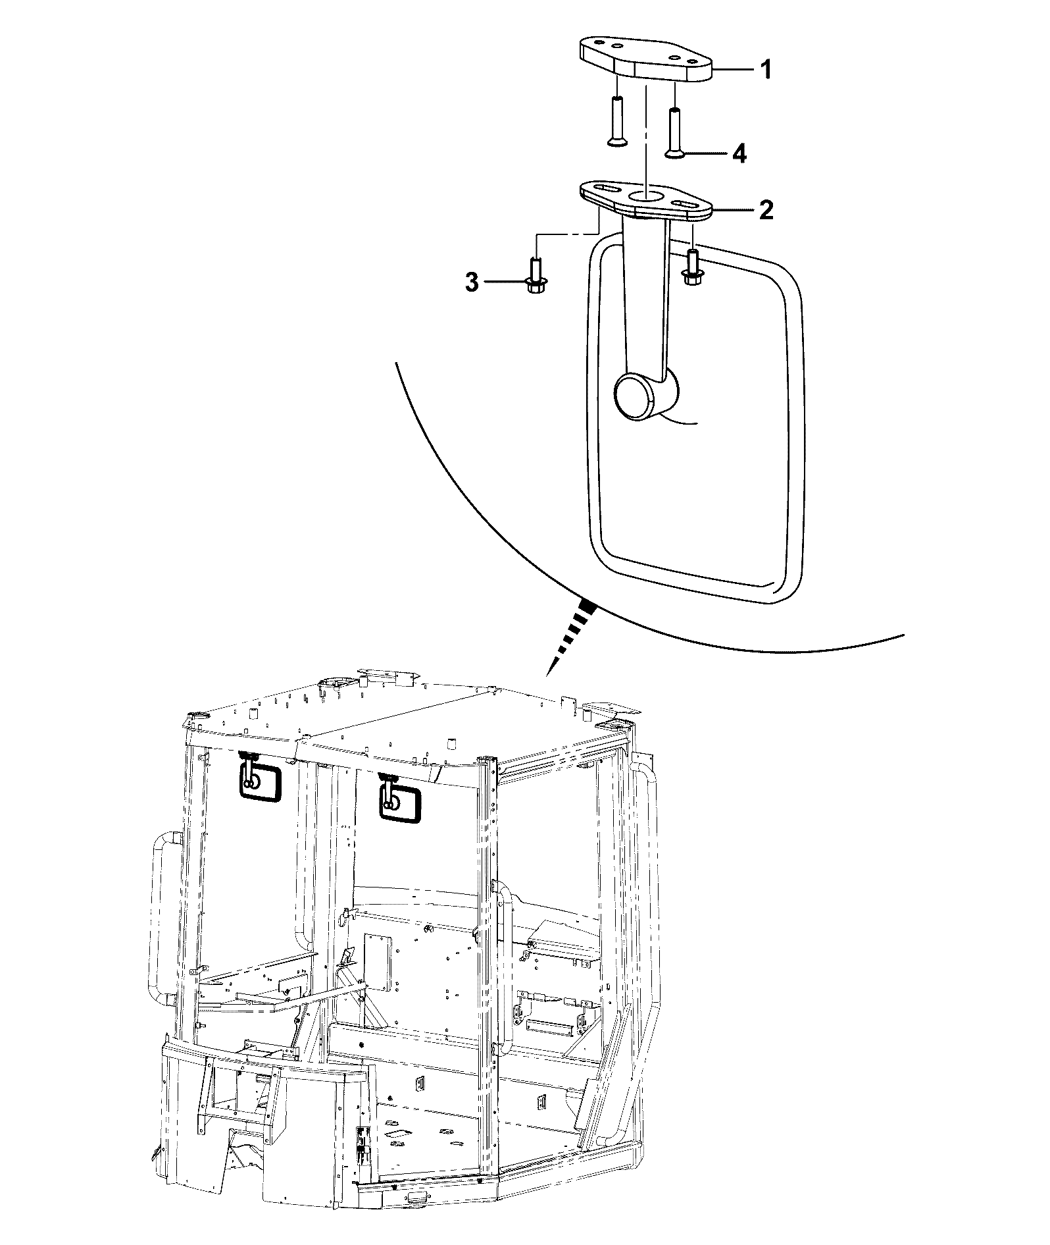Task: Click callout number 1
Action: (764, 69)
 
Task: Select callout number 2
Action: (765, 210)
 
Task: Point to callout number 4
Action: (739, 154)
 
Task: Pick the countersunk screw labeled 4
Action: (676, 132)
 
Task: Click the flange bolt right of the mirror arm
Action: (693, 267)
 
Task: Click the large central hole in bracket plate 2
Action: (648, 196)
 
